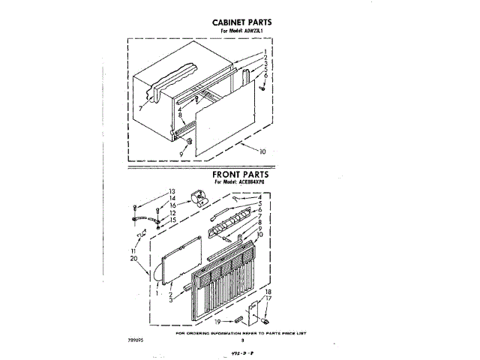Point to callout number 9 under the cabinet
point(181,153)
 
